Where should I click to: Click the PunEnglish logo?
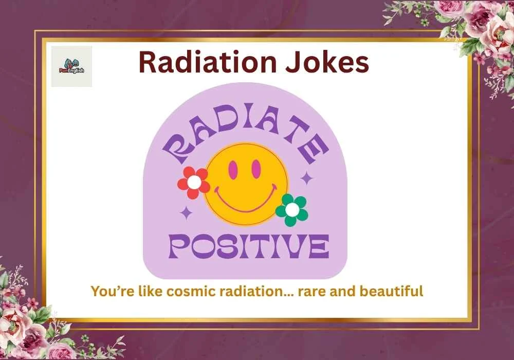(71, 66)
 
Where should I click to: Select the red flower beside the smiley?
(194, 183)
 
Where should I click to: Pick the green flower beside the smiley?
(291, 210)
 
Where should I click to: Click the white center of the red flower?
(194, 182)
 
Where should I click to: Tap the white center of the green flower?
(291, 210)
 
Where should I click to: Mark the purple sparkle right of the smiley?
(307, 178)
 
